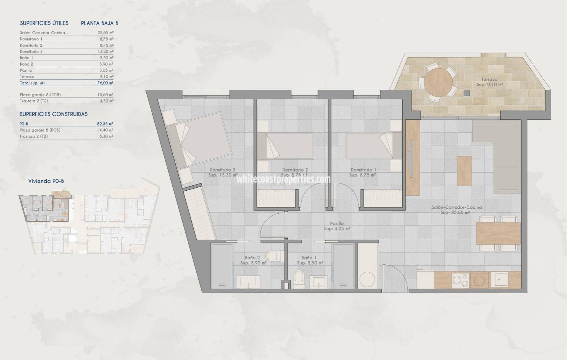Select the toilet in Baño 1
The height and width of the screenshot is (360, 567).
tap(299, 277)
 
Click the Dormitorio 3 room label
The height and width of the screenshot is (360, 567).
tap(222, 170)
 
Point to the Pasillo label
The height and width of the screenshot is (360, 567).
tap(337, 224)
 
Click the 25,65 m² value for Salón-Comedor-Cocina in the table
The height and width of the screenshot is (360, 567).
tap(105, 33)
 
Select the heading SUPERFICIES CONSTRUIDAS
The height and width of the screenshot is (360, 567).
tap(54, 114)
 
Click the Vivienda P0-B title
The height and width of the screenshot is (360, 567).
tap(46, 181)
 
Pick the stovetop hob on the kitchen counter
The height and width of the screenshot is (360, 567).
tap(460, 280)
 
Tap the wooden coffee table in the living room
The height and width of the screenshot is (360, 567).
tap(465, 170)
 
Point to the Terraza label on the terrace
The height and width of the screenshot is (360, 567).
tap(489, 79)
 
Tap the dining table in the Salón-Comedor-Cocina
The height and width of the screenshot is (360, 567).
tap(498, 233)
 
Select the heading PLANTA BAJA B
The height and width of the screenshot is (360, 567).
tap(99, 23)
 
